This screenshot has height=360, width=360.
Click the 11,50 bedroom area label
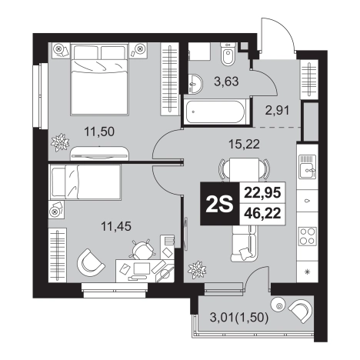tap(99, 132)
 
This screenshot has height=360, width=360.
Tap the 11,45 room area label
tap(116, 226)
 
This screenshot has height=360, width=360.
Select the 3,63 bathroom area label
tap(226, 82)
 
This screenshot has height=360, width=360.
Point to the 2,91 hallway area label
tap(277, 110)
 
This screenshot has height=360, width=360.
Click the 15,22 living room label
tap(244, 145)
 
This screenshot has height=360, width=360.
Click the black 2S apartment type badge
tap(219, 204)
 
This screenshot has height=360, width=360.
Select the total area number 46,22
tap(262, 213)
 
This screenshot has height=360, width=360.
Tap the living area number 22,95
tap(262, 192)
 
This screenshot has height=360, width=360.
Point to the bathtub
tap(215, 112)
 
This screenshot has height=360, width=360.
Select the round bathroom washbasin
tap(195, 84)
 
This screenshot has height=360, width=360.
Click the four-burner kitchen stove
tap(307, 236)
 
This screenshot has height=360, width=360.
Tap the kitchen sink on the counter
tap(307, 167)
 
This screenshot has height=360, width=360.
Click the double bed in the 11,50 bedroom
tap(99, 79)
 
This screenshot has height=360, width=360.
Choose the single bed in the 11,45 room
tap(85, 182)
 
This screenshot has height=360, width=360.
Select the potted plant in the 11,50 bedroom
tap(60, 142)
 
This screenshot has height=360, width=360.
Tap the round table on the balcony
tap(278, 305)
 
